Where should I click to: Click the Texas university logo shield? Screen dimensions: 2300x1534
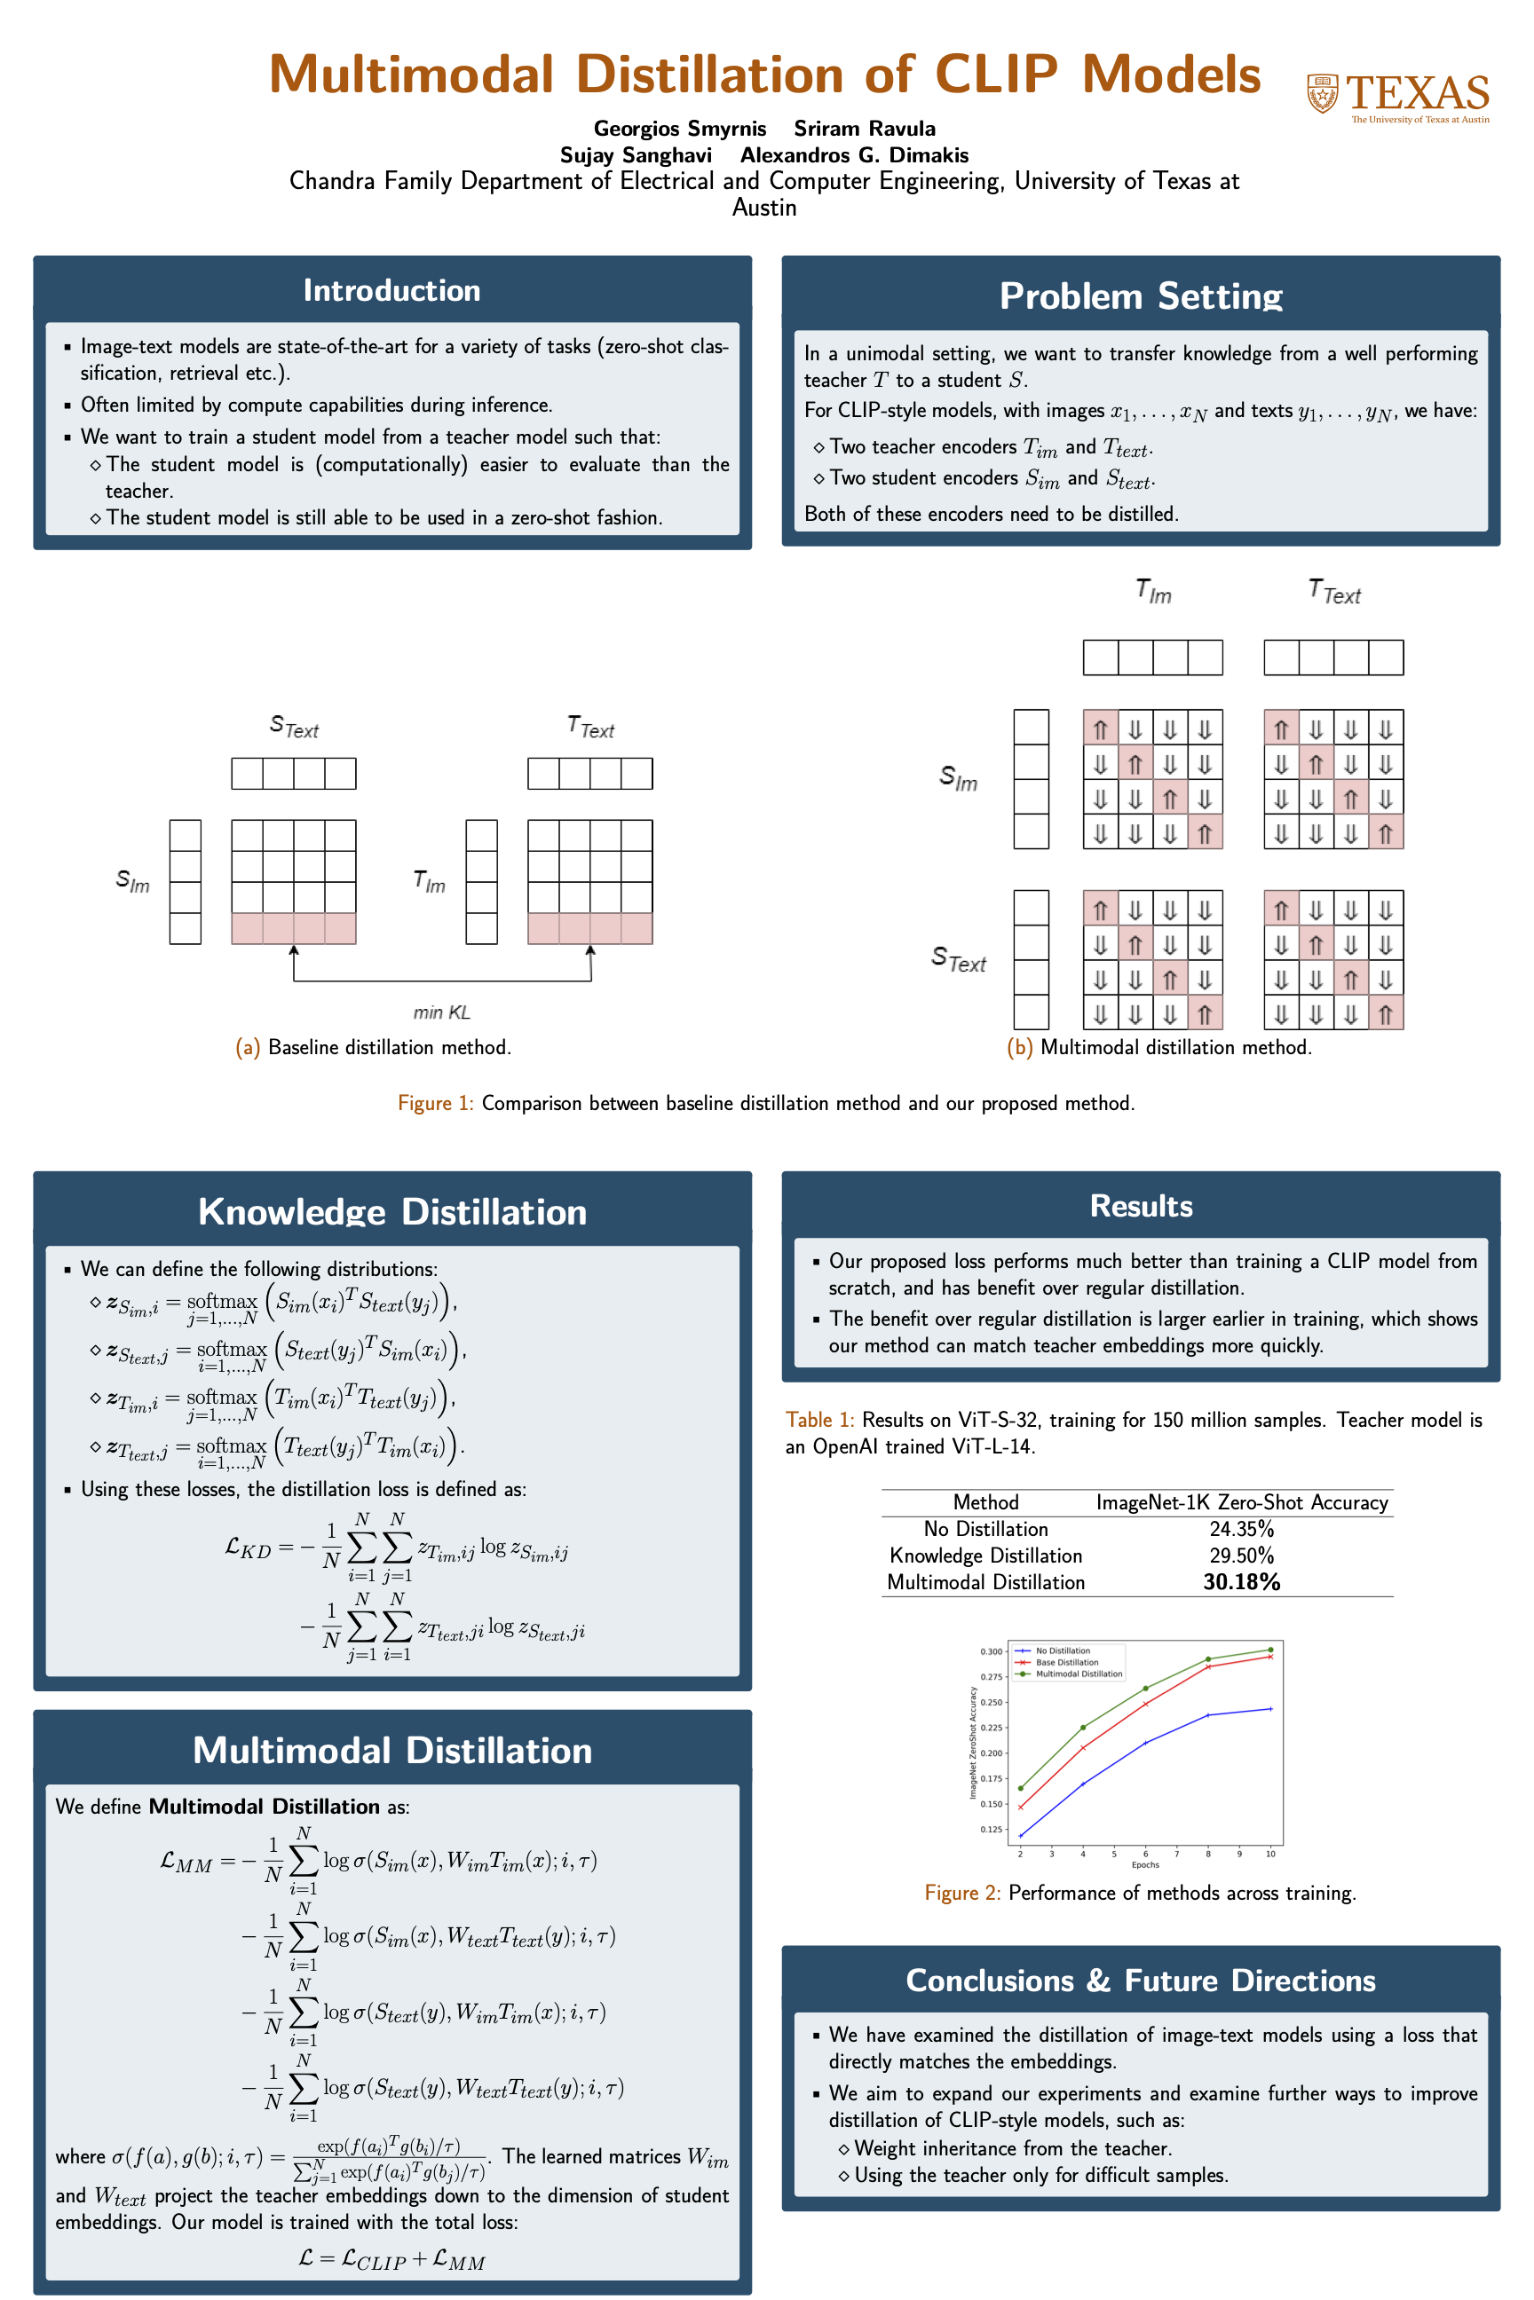pos(1323,94)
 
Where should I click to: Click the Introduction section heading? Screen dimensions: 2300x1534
pos(391,290)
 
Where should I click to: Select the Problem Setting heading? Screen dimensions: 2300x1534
pos(1141,295)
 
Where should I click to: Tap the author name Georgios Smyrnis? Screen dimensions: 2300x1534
pos(680,128)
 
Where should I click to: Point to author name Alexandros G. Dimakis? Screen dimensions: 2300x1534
pos(854,154)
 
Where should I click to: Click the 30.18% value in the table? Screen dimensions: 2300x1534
pos(1241,1581)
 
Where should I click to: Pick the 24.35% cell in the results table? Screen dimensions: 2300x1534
pos(1241,1528)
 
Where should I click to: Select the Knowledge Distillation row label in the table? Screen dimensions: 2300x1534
pos(985,1555)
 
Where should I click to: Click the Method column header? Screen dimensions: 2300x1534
pos(985,1502)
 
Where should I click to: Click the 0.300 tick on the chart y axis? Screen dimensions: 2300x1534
pos(991,1651)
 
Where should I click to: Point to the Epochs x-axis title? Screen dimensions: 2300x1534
pos(1144,1865)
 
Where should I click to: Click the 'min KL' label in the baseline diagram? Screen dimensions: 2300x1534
pos(441,1012)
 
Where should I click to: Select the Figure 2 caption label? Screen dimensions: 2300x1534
pos(961,1894)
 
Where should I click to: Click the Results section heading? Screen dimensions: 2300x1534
pos(1141,1206)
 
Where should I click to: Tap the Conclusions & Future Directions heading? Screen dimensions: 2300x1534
pos(1141,1981)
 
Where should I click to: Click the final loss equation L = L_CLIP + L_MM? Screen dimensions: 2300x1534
pos(391,2259)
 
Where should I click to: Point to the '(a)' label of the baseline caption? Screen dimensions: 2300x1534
pos(248,1047)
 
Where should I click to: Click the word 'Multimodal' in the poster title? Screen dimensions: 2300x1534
pos(411,75)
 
